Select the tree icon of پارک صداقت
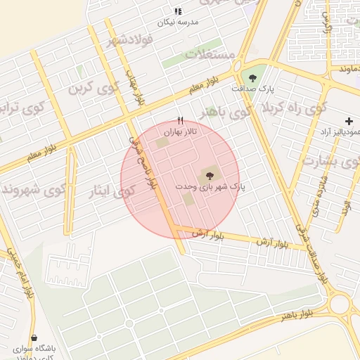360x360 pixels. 252,78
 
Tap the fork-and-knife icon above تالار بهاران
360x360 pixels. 180,120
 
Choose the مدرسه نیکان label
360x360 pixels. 178,22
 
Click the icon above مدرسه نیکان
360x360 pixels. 178,11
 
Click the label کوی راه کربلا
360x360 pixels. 295,109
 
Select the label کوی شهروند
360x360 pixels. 34,189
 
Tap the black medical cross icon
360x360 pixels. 349,121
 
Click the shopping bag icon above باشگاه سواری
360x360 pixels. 34,337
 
